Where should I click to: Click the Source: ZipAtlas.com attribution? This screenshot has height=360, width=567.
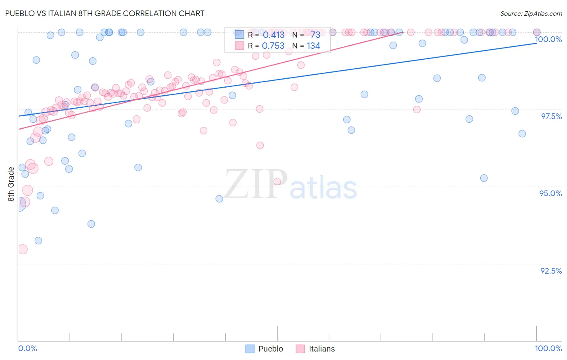coord(531,13)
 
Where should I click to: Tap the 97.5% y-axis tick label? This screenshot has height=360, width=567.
coord(551,116)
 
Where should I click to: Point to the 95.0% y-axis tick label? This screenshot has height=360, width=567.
coord(550,193)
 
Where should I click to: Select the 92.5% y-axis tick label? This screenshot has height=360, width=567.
coord(551,271)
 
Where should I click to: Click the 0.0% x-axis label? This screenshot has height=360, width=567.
coord(27,348)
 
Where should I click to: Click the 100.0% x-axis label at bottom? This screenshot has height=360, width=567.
coord(548,348)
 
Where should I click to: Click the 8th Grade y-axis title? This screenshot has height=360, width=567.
coord(11,184)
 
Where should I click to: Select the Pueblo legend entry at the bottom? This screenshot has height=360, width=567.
coord(265,349)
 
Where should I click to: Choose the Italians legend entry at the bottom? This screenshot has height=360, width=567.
coord(315,349)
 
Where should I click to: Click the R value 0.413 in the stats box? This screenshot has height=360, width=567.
coord(273,35)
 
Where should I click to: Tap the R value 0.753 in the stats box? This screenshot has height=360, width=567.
coord(273,46)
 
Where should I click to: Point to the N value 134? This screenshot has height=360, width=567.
coord(313,46)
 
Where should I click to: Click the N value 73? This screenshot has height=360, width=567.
coord(315,35)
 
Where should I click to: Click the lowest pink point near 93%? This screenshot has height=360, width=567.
coord(23,249)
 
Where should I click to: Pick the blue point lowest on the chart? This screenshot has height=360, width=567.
coord(38,241)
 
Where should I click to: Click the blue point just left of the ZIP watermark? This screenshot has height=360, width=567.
coord(219,199)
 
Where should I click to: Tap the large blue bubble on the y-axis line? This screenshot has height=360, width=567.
coord(18,204)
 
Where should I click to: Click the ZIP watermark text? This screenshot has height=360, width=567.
coord(256,184)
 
